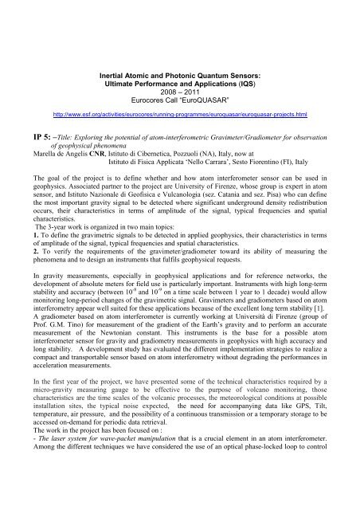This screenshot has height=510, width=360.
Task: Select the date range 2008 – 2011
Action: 179,51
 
